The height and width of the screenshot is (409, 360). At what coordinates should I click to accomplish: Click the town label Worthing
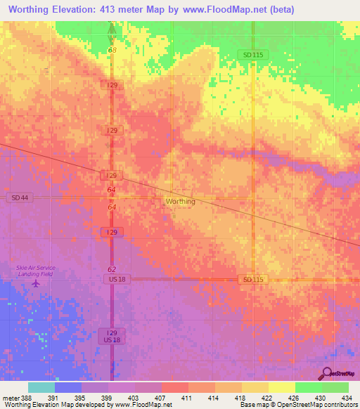180,202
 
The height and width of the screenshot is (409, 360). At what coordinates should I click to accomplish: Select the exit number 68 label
112,50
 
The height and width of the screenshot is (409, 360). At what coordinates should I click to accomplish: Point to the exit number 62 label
112,269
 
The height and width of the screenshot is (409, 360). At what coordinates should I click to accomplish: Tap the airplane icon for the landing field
36,284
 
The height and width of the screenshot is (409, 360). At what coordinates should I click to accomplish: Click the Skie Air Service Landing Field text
36,271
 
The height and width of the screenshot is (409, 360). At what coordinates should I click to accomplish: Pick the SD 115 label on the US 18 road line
252,280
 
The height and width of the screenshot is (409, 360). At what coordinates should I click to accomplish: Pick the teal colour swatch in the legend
41,387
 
